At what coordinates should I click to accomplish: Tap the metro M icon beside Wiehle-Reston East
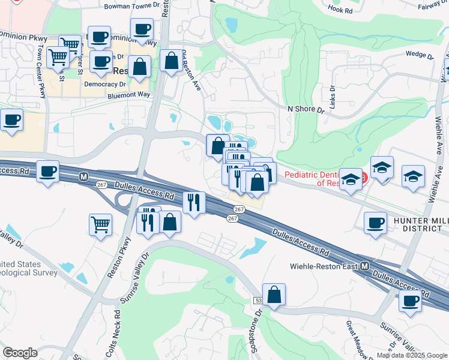[x=364, y=266]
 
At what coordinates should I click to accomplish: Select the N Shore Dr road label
[x=306, y=110]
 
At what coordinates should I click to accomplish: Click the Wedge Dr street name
[x=420, y=55]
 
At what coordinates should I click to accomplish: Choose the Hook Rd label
[x=340, y=10]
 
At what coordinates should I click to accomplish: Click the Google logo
[x=20, y=353]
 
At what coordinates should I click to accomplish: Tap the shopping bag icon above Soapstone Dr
[x=274, y=295]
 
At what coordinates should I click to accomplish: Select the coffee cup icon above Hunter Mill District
[x=376, y=223]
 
